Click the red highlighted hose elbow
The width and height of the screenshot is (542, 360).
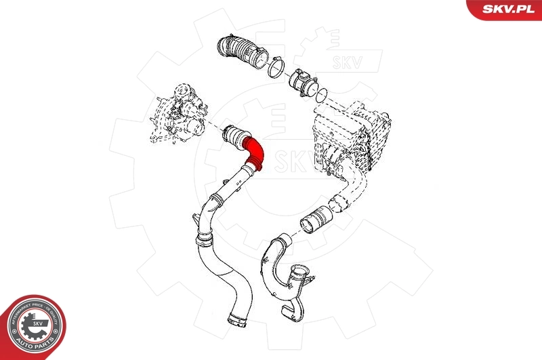[256, 151]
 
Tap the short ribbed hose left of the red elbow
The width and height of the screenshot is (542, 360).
[233, 135]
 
